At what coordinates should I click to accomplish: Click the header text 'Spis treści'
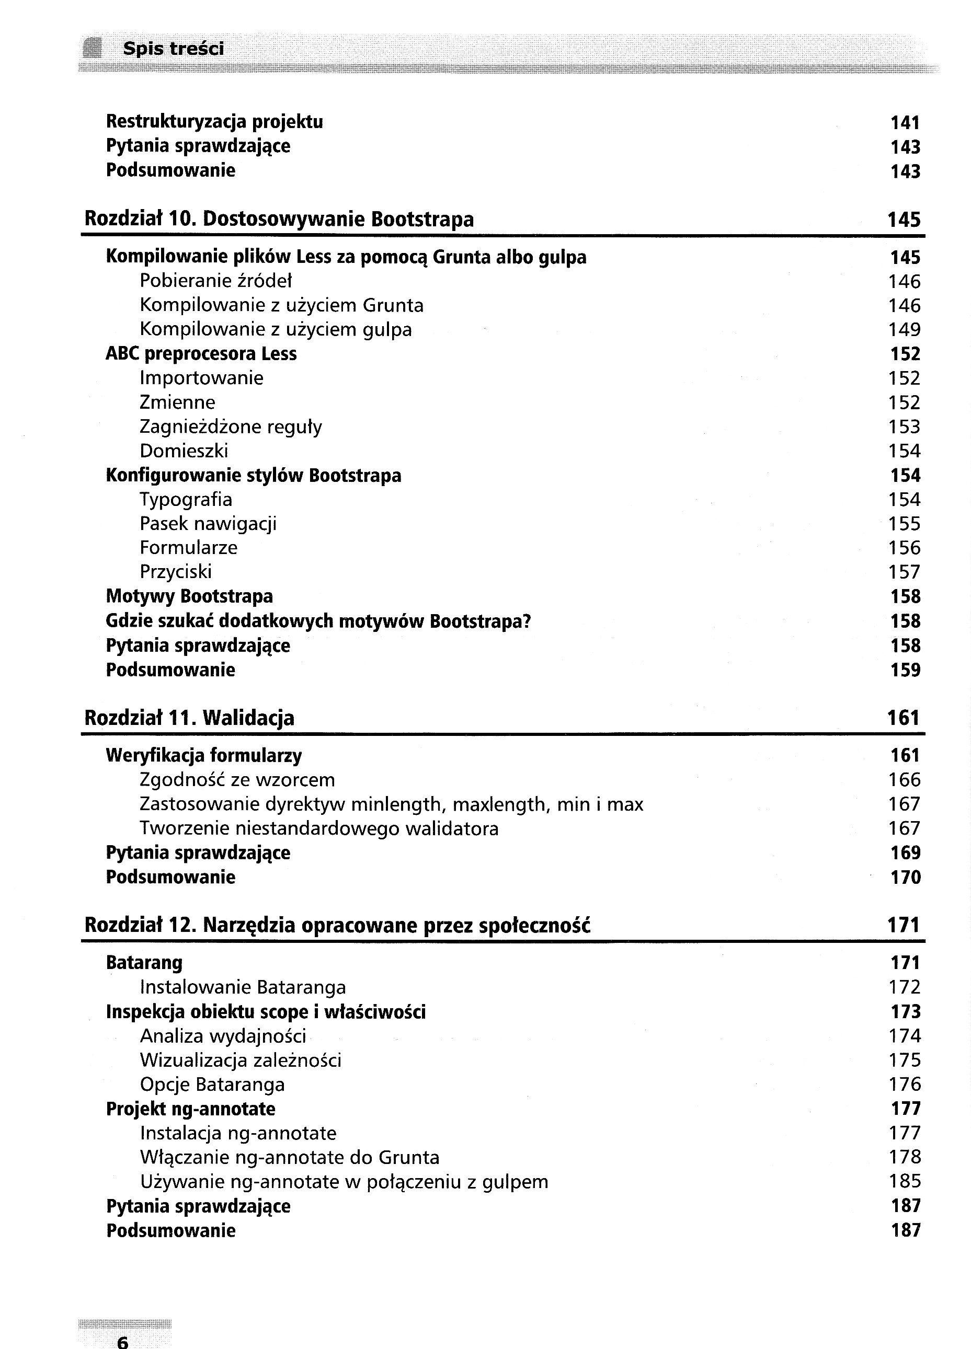tap(173, 49)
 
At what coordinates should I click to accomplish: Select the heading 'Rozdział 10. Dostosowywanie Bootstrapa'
tap(279, 220)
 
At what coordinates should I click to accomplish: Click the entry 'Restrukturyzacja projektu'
tap(214, 122)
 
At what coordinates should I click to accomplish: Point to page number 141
tap(905, 123)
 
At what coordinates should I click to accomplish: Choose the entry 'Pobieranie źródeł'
tap(215, 281)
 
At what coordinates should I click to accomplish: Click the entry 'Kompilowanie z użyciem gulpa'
tap(276, 329)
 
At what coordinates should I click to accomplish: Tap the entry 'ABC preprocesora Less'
tap(201, 354)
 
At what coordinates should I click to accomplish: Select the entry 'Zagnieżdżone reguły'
tap(231, 427)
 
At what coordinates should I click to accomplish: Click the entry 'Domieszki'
tap(184, 452)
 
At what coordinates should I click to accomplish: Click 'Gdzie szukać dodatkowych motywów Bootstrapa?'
tap(318, 621)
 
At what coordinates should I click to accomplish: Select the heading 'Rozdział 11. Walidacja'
tap(189, 719)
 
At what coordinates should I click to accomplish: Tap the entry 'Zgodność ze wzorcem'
tap(237, 780)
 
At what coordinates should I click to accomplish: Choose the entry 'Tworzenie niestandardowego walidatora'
tap(319, 828)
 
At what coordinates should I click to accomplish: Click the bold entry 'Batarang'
tap(144, 963)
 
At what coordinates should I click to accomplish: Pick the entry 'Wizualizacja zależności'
tap(241, 1060)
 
